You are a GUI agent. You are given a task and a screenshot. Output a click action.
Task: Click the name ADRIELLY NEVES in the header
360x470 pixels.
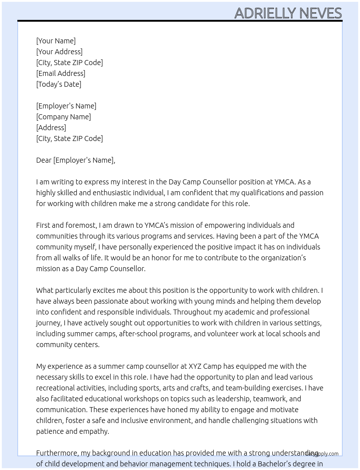(288, 13)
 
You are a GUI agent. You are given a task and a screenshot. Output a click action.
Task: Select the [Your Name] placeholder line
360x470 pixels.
(56, 41)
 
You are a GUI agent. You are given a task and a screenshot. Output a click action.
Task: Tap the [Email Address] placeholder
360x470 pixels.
(61, 73)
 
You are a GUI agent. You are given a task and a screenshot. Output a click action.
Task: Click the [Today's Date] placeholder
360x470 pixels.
(59, 84)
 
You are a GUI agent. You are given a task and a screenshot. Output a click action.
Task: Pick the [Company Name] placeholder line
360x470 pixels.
(63, 117)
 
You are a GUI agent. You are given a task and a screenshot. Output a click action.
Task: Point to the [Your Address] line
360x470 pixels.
(59, 52)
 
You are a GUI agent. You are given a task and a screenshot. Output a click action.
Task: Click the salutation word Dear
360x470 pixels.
(44, 160)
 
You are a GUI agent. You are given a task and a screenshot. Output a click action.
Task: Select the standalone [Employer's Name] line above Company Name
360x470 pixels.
(66, 106)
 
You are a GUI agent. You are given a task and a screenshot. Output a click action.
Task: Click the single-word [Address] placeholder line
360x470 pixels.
(51, 128)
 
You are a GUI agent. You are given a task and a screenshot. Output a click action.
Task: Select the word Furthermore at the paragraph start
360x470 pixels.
(57, 453)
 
